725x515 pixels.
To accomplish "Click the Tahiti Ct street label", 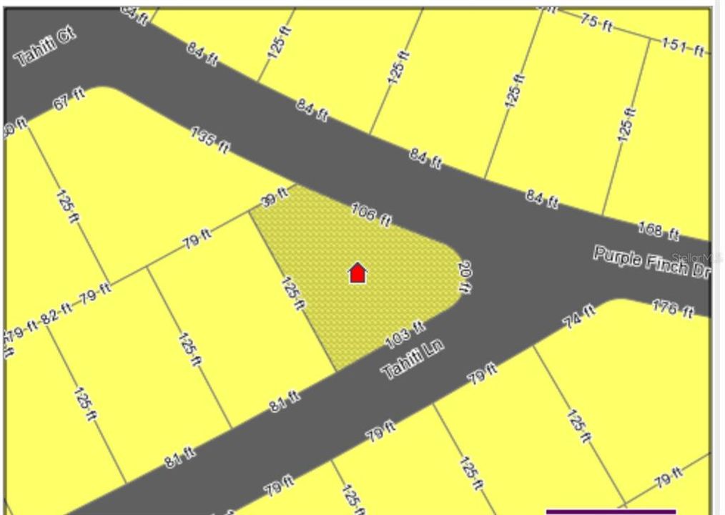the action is click(x=44, y=48).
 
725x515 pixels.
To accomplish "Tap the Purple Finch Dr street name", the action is click(x=651, y=263).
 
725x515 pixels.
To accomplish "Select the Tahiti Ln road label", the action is click(x=413, y=358).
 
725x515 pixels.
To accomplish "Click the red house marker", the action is click(x=357, y=273).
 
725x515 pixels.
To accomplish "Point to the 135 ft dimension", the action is click(x=210, y=140).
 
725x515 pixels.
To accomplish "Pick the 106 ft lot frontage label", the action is click(x=372, y=214).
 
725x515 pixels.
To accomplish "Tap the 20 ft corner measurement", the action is click(x=465, y=277).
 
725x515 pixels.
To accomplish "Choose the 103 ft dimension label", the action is click(x=405, y=334).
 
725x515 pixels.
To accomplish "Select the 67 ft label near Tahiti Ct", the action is click(x=69, y=99).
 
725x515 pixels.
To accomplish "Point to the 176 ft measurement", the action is click(x=673, y=310).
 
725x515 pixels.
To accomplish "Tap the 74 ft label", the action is click(x=580, y=315).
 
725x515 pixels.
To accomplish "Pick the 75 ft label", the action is click(x=596, y=22).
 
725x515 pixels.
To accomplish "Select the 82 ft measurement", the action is click(x=57, y=313).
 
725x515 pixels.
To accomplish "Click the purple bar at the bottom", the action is click(x=610, y=511).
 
